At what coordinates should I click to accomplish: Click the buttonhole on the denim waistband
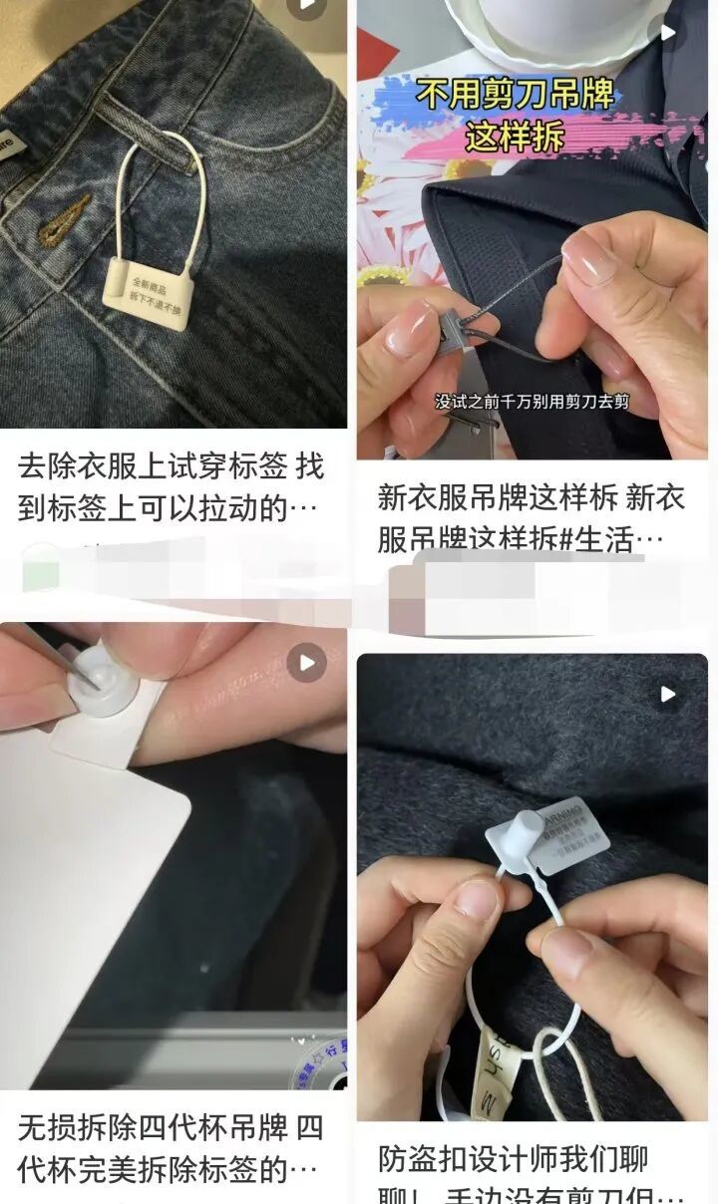pyautogui.click(x=65, y=220)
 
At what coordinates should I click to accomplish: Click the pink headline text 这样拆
pyautogui.click(x=515, y=136)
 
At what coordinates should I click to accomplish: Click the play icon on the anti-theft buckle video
pyautogui.click(x=667, y=694)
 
